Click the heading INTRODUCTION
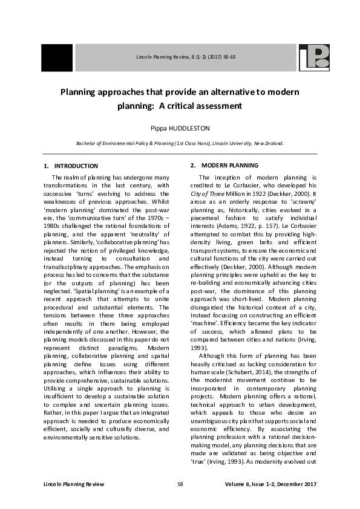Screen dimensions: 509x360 click(76, 166)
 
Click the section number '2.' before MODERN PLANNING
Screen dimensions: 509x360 click(193, 166)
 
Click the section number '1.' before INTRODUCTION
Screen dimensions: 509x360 click(46, 166)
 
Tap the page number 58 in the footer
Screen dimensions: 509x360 click(180, 485)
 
